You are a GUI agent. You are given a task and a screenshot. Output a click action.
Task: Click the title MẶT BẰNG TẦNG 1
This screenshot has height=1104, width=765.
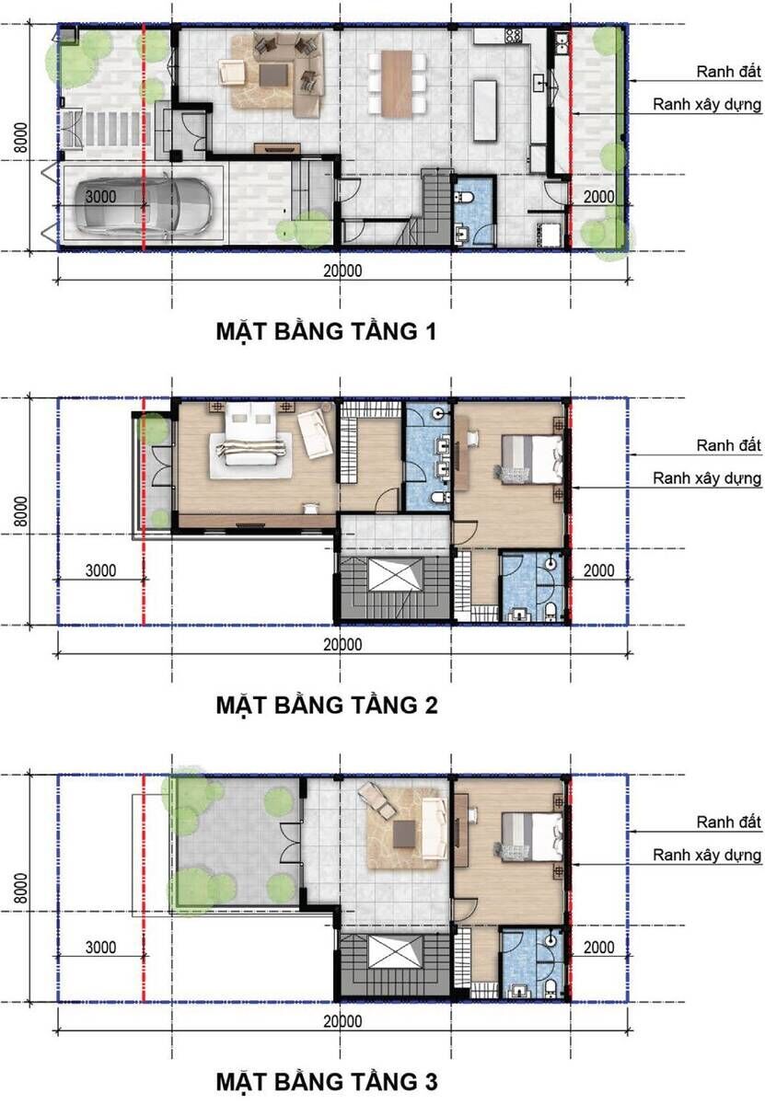point(325,331)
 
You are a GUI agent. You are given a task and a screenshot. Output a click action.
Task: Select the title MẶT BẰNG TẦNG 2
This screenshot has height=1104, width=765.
point(325,705)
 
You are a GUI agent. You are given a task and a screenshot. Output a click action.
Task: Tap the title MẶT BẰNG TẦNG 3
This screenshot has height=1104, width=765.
point(325,1079)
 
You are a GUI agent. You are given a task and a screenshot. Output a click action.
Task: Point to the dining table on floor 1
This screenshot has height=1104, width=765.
point(397,84)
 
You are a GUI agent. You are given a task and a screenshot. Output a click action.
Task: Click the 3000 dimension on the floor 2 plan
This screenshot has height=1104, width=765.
point(99,570)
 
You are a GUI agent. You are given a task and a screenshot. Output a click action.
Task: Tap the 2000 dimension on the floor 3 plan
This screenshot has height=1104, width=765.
point(598,947)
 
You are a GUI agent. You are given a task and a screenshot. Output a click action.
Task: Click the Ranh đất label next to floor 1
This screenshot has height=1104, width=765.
point(729,72)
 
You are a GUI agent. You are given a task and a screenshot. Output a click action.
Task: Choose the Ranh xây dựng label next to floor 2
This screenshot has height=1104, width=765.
point(707,478)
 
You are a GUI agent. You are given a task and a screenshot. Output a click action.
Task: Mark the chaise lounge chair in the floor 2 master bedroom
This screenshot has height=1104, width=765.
point(316,431)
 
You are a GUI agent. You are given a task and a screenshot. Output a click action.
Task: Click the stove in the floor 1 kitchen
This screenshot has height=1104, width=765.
point(513,37)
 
